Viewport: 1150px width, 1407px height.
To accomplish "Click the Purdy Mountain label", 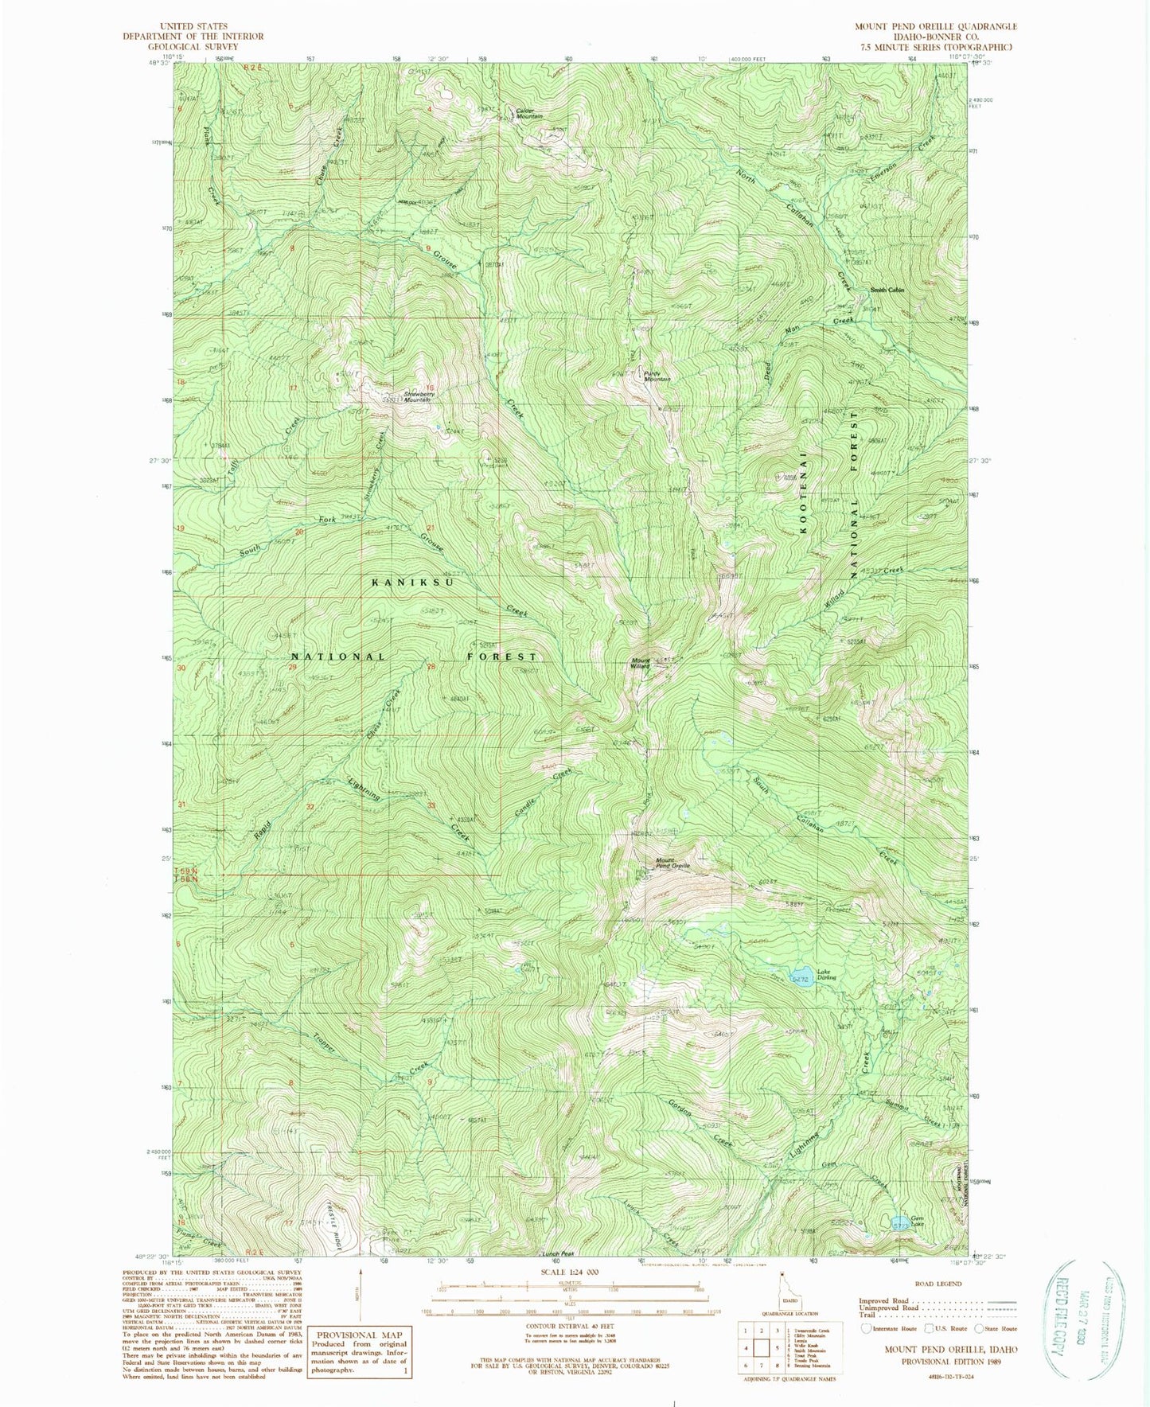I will [x=657, y=376].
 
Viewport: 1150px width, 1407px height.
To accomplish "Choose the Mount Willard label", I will [x=641, y=662].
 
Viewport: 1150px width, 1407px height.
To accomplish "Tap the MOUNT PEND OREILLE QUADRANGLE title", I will [x=936, y=26].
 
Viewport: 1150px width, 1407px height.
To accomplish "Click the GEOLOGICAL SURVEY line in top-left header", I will [x=193, y=46].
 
